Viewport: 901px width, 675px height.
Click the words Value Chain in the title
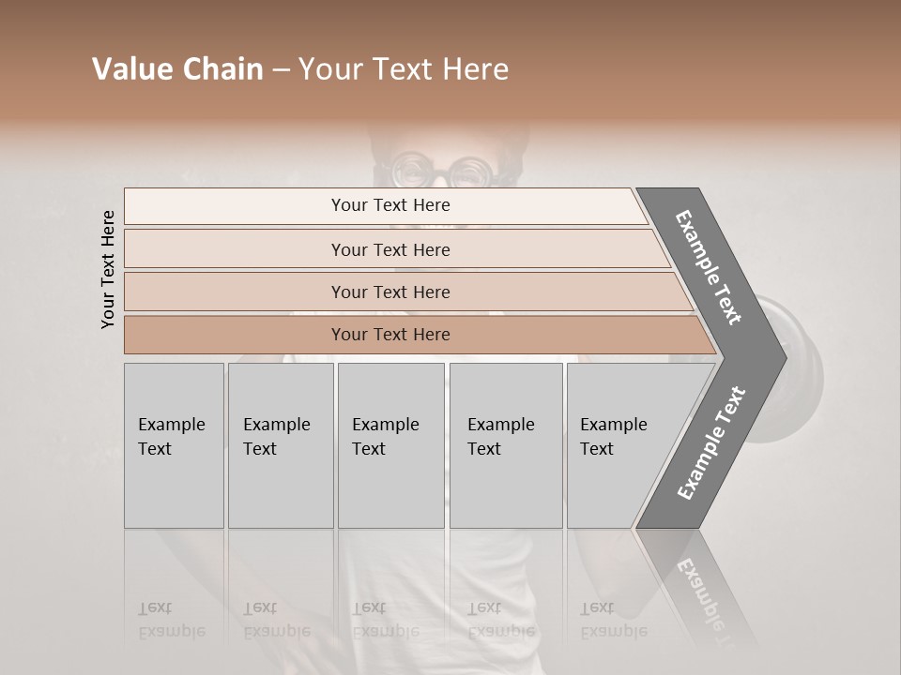coord(177,69)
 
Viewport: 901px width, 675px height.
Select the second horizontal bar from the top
coord(390,249)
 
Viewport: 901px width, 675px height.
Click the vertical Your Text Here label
coord(108,269)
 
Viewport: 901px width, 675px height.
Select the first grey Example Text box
coord(174,445)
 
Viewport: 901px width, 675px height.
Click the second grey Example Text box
coord(281,445)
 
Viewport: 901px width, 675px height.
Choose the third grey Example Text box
coord(390,445)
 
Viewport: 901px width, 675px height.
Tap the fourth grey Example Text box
coord(506,445)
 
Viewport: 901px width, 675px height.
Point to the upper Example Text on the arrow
coord(709,267)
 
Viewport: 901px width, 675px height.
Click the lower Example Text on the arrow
coord(711,442)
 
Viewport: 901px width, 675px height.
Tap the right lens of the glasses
coord(466,172)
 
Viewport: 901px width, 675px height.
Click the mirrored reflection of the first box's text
coord(172,619)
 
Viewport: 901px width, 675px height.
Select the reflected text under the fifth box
coord(613,619)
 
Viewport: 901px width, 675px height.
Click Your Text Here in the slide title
coord(404,69)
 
